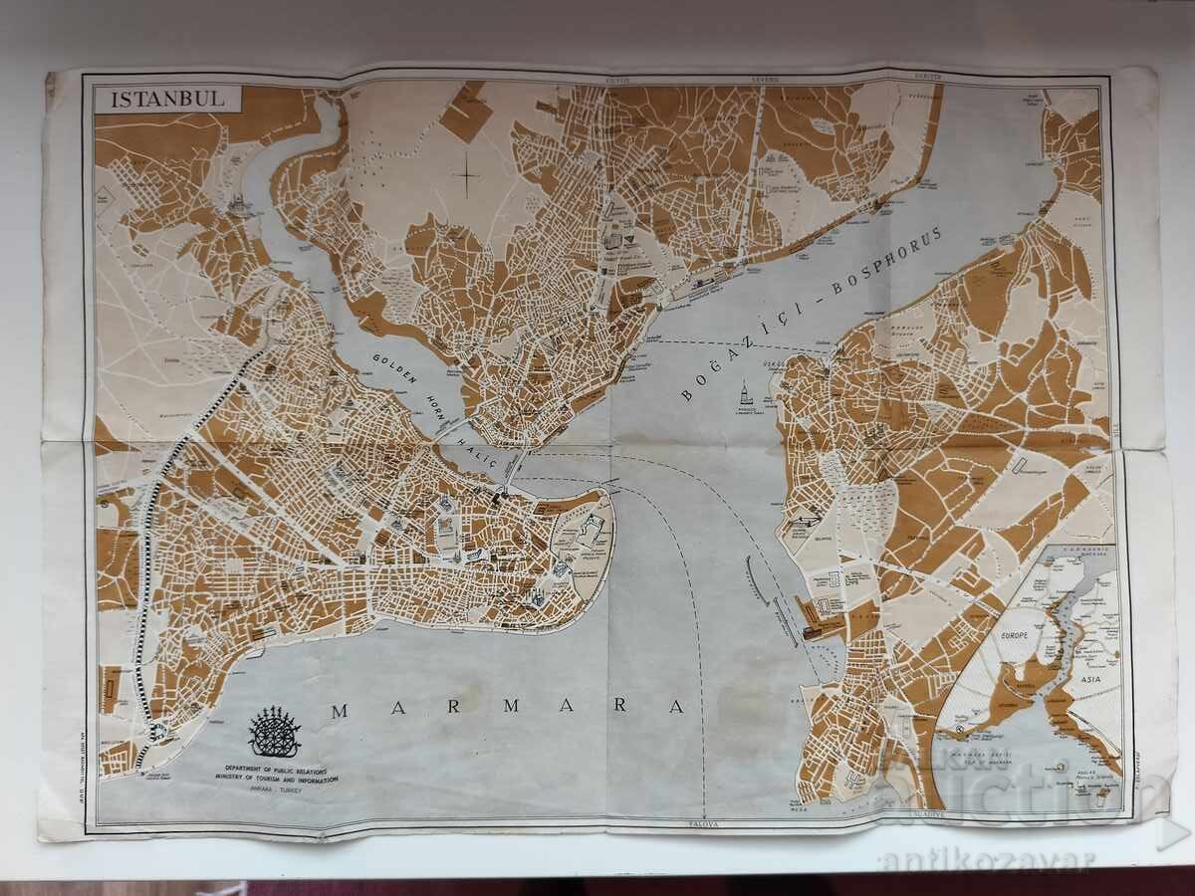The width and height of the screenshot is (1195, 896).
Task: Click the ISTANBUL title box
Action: pyautogui.click(x=166, y=99)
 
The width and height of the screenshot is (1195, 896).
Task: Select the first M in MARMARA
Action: pyautogui.click(x=339, y=710)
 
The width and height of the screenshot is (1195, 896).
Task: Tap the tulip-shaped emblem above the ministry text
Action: pyautogui.click(x=274, y=733)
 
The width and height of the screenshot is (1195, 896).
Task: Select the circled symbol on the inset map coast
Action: pyautogui.click(x=959, y=730)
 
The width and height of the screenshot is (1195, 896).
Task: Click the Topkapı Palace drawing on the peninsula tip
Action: pyautogui.click(x=588, y=529)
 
